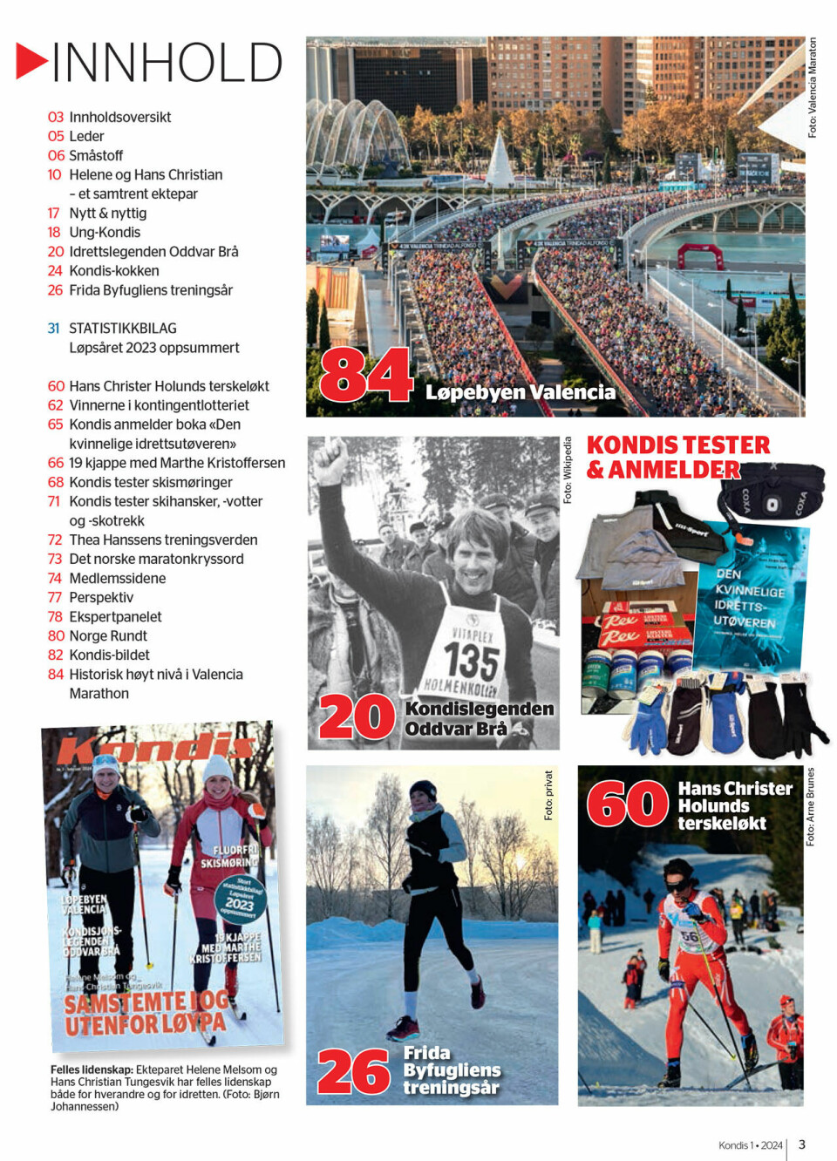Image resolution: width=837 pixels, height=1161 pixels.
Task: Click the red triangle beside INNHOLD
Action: pos(31,61)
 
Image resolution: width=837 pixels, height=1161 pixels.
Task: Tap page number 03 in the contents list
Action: pos(56,117)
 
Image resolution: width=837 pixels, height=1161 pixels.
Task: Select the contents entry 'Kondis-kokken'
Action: pos(113,271)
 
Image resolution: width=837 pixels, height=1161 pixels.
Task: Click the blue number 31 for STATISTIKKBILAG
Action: pos(54,329)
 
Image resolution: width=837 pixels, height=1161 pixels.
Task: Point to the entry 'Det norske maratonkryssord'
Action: pos(156,559)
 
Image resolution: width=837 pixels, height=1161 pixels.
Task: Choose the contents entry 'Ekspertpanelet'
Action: pos(115,616)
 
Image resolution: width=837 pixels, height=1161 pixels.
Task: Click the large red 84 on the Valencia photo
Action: pos(365,375)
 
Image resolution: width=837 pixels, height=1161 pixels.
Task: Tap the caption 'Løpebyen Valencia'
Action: pos(520,392)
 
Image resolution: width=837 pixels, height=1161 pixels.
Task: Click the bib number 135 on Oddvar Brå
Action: pos(471,661)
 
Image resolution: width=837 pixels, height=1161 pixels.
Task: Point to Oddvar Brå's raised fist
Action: pos(331,459)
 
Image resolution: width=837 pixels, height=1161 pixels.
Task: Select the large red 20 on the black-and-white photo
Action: pos(357,717)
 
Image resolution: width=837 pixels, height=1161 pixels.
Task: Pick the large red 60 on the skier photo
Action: pos(627,803)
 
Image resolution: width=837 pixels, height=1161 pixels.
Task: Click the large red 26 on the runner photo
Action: pos(353,1071)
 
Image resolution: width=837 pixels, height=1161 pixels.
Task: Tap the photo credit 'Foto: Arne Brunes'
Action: pos(810,806)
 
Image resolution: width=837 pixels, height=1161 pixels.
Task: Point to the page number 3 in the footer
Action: pos(802,1144)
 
